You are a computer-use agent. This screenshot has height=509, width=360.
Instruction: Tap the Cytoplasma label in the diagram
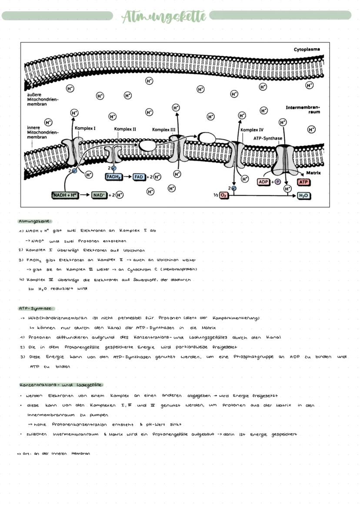pyautogui.click(x=307, y=50)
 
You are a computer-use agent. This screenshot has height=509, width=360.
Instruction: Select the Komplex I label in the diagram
pyautogui.click(x=85, y=128)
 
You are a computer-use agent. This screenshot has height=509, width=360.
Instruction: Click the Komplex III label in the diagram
pyautogui.click(x=164, y=130)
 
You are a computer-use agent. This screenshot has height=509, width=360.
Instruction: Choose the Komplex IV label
pyautogui.click(x=252, y=130)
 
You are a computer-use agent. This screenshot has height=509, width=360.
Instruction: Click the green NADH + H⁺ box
pyautogui.click(x=65, y=195)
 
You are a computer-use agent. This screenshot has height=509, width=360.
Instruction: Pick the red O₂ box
pyautogui.click(x=224, y=195)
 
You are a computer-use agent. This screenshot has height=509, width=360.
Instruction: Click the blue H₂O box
pyautogui.click(x=303, y=196)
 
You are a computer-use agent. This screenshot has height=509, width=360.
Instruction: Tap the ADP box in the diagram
pyautogui.click(x=263, y=182)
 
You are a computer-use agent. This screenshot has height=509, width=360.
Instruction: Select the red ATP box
pyautogui.click(x=303, y=182)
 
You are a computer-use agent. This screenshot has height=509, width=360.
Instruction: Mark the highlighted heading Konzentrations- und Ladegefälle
pyautogui.click(x=61, y=385)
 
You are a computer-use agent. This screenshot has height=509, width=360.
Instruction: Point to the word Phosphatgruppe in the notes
pyautogui.click(x=252, y=357)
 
